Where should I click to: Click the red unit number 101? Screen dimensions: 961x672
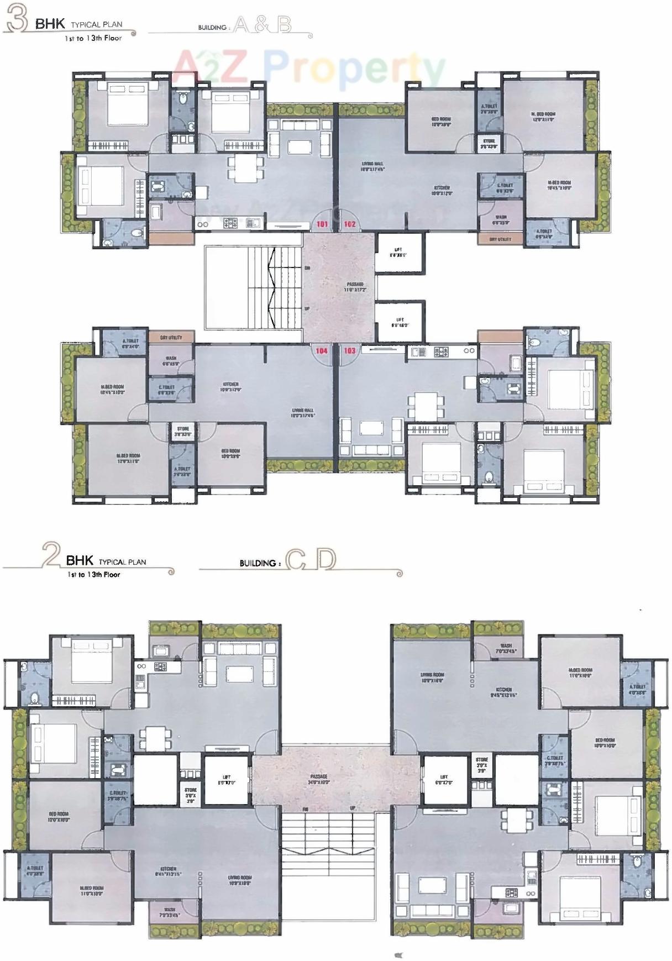click(322, 224)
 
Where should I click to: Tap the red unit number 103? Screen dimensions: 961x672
click(350, 350)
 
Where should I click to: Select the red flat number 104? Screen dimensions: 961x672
click(322, 350)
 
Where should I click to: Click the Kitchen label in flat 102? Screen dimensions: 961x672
click(442, 191)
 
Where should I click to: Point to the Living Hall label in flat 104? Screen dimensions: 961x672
click(303, 413)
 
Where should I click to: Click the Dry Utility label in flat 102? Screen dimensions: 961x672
click(500, 239)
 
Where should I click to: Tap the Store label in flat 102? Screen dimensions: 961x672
click(489, 144)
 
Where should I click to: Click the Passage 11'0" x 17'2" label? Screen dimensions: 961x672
click(355, 287)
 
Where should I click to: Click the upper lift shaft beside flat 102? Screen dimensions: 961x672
click(400, 252)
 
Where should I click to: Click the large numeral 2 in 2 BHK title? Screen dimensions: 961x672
click(51, 556)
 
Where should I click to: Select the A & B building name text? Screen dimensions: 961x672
click(262, 25)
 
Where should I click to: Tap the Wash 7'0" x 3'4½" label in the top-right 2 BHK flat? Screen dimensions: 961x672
click(506, 648)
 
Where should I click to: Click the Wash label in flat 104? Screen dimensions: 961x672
click(170, 361)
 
